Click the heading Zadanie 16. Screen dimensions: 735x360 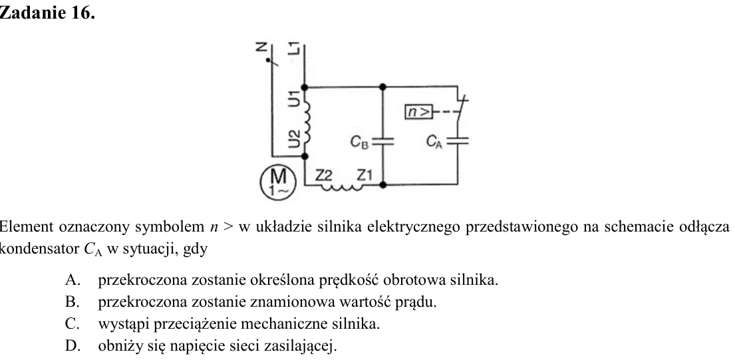click(x=47, y=13)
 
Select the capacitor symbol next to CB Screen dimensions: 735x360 click(x=383, y=142)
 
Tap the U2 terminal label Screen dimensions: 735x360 click(x=294, y=138)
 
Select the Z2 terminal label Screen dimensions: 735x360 click(x=323, y=175)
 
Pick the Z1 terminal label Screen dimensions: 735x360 click(x=365, y=175)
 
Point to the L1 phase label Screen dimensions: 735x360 click(x=294, y=48)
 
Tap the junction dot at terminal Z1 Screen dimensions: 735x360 click(x=383, y=185)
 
